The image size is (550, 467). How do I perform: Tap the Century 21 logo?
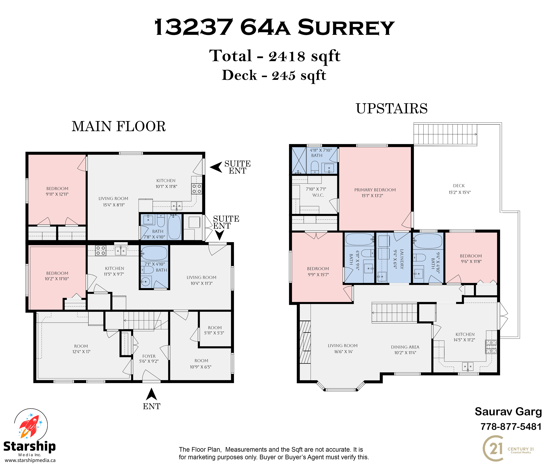point(508,449)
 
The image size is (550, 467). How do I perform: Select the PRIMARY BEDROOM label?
point(375,190)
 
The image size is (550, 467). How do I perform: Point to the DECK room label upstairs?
point(459,186)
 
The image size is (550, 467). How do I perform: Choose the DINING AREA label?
point(405,347)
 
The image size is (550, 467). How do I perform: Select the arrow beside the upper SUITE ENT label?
point(216,167)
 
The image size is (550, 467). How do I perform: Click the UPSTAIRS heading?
point(392,108)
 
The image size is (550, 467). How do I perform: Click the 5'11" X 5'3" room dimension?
point(214,333)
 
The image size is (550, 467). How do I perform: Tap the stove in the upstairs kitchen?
point(491,347)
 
